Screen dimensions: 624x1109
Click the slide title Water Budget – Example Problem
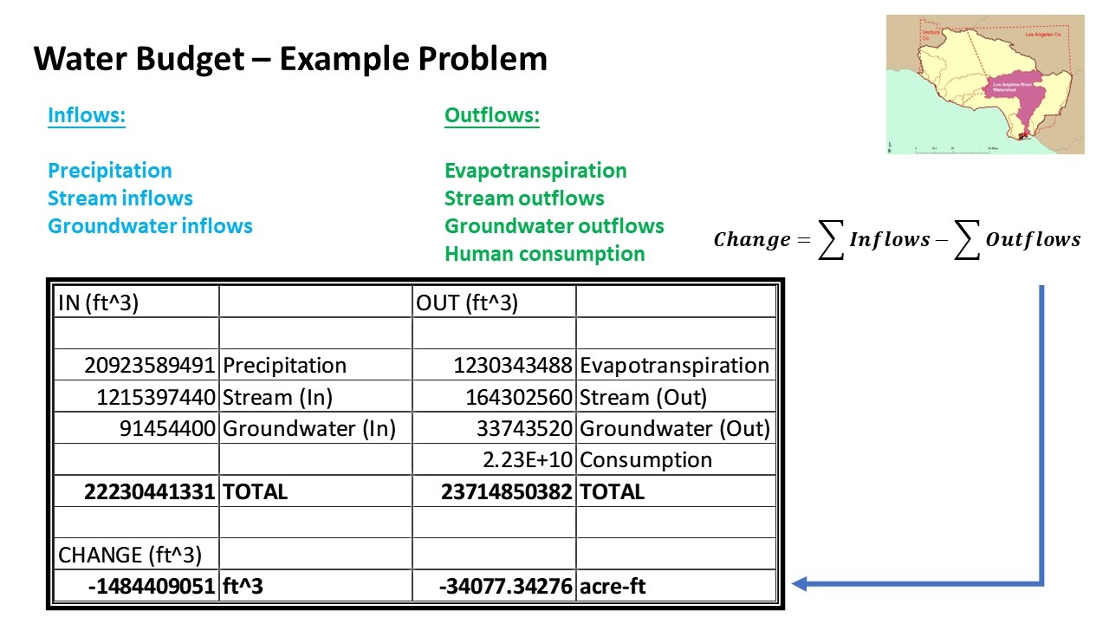(290, 59)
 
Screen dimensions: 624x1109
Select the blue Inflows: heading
(87, 115)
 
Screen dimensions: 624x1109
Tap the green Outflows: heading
(492, 115)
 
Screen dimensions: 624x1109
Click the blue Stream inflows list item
(120, 198)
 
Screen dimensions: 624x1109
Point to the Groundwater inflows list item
(150, 226)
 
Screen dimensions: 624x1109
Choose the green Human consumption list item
(544, 254)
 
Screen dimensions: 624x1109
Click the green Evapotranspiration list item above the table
(535, 171)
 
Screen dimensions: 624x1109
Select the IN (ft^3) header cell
(98, 303)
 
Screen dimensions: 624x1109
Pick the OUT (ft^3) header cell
(467, 303)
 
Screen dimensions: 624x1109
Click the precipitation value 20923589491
(149, 366)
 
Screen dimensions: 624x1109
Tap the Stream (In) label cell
(277, 398)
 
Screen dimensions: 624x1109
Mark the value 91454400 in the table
(167, 429)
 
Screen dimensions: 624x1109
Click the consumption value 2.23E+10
(528, 460)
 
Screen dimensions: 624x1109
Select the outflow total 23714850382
(507, 492)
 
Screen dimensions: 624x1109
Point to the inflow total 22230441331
(149, 492)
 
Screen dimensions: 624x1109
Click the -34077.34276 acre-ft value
(506, 587)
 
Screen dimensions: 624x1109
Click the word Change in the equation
(751, 240)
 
